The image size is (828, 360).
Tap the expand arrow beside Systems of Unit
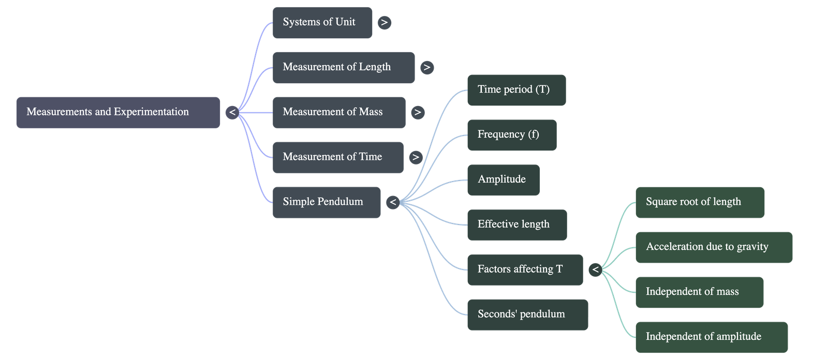pos(384,23)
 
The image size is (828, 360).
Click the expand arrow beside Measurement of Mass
pos(418,112)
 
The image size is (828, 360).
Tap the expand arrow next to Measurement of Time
pos(416,157)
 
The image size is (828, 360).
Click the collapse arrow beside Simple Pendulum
pos(393,202)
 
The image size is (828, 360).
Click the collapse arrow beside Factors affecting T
pos(595,269)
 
